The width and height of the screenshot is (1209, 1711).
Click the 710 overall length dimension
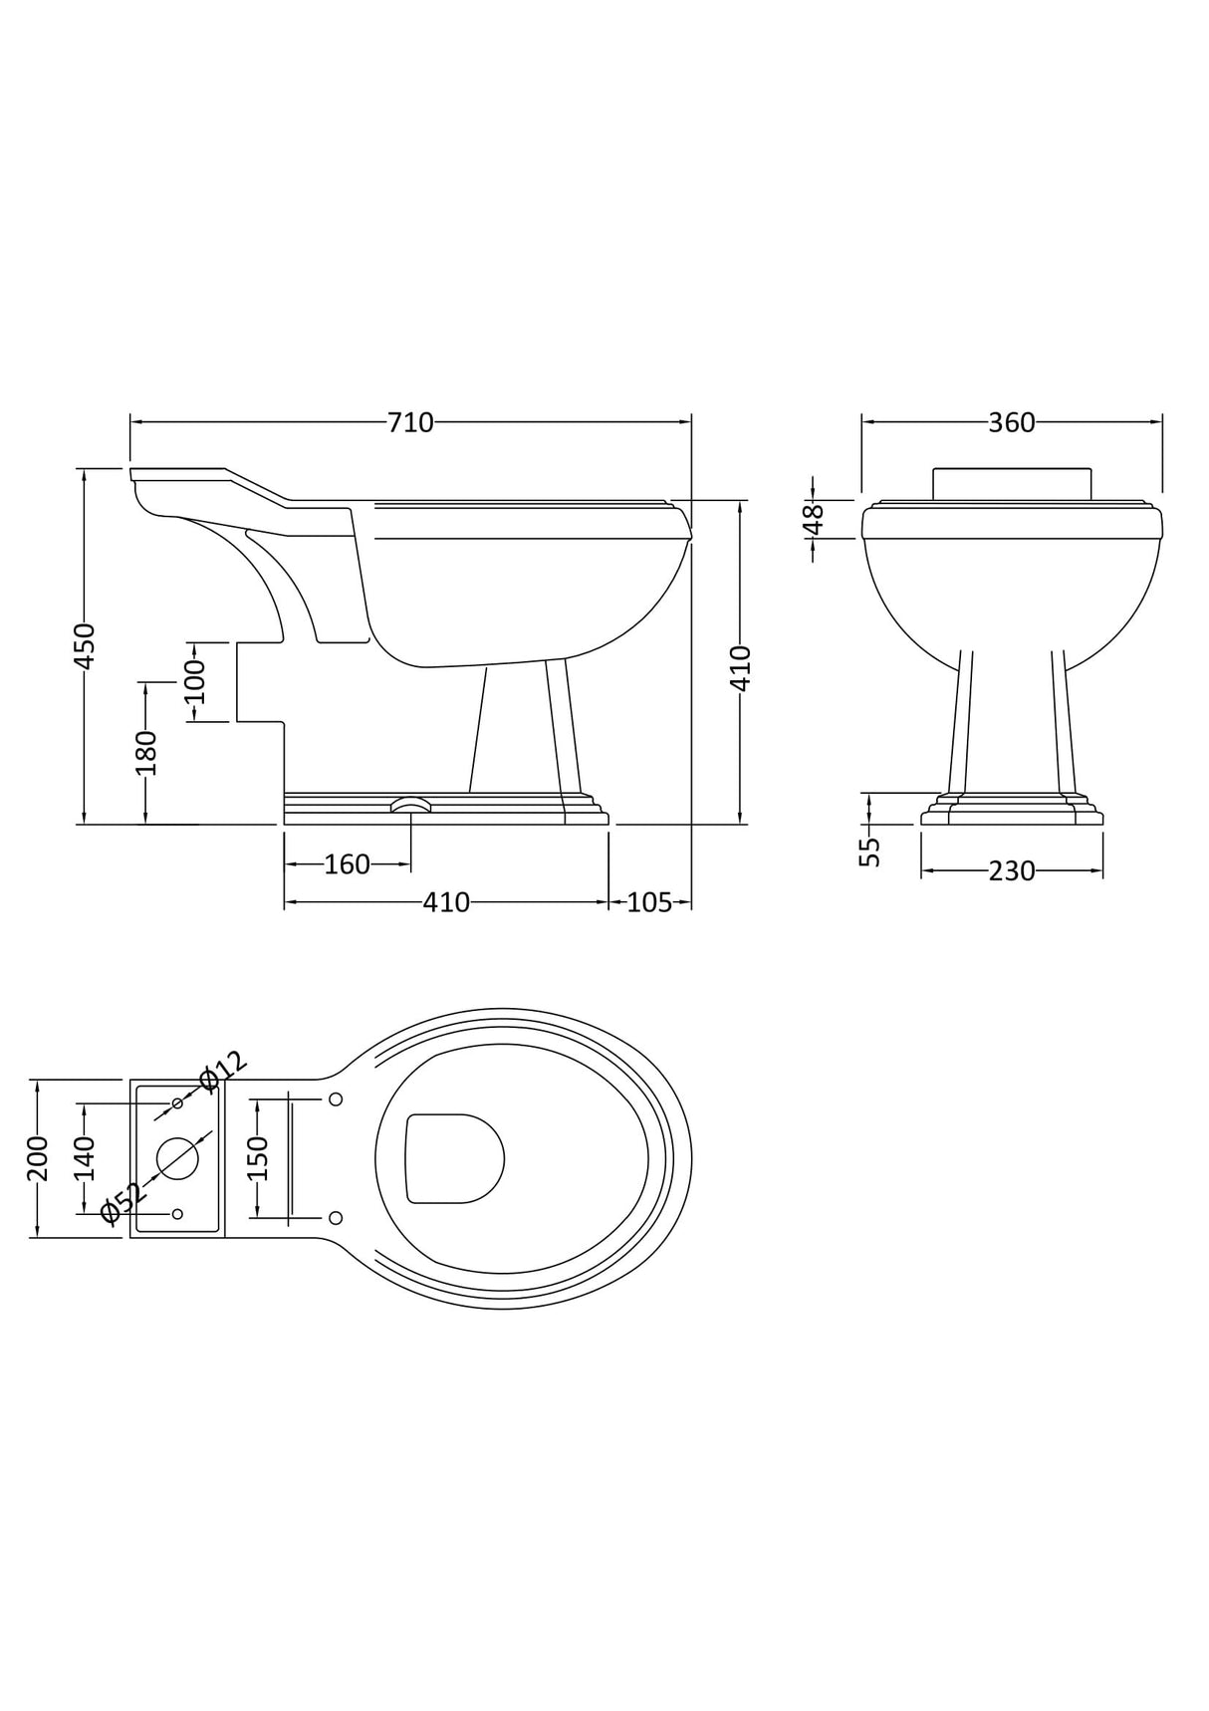tap(410, 423)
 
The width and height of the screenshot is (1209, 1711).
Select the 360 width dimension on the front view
tap(1012, 423)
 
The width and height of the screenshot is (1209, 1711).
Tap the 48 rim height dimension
tap(815, 520)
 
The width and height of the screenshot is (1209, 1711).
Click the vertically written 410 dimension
tap(740, 669)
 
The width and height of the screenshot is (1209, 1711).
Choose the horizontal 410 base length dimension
tap(446, 902)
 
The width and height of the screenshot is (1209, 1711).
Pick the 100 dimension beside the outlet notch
tap(194, 682)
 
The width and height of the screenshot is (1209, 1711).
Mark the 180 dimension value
tap(146, 753)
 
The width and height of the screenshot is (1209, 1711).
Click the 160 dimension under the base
tap(347, 864)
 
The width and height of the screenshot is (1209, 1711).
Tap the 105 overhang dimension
tap(649, 902)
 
